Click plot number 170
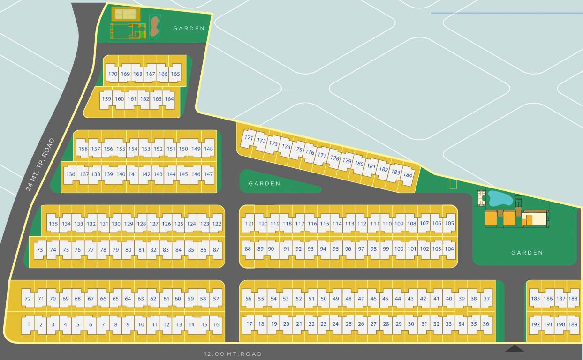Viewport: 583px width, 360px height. point(113,74)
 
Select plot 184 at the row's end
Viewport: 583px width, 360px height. point(408,175)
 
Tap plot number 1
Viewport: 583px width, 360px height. point(29,324)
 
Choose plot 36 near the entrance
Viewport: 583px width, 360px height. point(485,324)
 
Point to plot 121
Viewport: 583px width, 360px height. point(250,224)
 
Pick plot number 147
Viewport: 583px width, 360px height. point(208,174)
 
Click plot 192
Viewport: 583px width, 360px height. point(535,324)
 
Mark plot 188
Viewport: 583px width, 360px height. point(573,299)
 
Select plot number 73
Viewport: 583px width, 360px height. point(40,250)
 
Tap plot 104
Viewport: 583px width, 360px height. point(449,249)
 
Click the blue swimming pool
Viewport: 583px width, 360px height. point(500,198)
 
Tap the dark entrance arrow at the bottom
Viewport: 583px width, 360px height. point(515,348)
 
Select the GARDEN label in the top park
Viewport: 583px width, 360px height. point(189,28)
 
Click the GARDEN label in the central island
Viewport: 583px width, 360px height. point(265,183)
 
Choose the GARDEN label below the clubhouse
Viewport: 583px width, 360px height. point(527,252)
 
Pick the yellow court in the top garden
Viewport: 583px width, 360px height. point(126,14)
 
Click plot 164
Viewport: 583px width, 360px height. point(169,99)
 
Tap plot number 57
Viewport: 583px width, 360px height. point(216,299)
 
